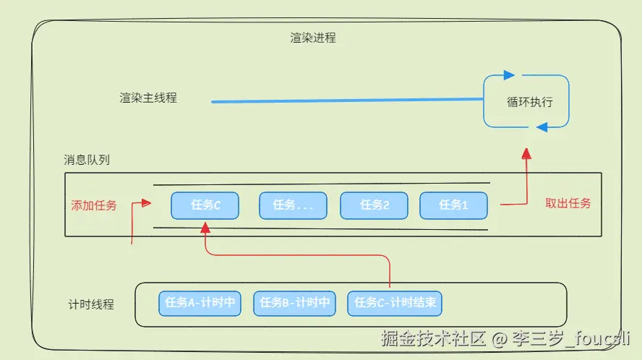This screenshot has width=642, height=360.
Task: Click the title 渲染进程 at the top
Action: pos(313,38)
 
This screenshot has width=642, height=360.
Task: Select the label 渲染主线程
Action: pos(148,98)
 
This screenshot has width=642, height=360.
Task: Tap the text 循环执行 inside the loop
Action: pos(530,102)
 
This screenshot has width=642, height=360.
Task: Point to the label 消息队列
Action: pos(87,160)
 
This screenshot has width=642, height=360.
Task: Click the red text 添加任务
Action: pos(94,205)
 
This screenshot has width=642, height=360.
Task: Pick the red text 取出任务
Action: pos(568,203)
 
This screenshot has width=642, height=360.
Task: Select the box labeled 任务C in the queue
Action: pos(205,205)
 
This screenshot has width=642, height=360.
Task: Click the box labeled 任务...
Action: pos(293,205)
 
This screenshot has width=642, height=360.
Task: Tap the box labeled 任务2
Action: pos(374,205)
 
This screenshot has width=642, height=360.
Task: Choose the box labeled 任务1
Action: pos(453,205)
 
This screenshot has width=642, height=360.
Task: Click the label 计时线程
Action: pos(91,304)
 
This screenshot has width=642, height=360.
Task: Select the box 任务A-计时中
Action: pos(200,304)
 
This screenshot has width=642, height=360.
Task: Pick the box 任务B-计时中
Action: pos(294,304)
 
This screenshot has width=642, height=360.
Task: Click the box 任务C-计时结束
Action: pos(395,304)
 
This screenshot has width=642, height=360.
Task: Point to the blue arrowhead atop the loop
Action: pos(509,75)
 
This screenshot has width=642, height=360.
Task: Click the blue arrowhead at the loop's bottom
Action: pos(542,127)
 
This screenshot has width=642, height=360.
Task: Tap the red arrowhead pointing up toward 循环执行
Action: pos(526,153)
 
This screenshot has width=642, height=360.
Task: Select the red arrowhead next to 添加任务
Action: pos(146,202)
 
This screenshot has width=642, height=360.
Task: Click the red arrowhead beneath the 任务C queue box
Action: pos(205,228)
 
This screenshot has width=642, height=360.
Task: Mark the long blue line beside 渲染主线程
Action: pos(347,100)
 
